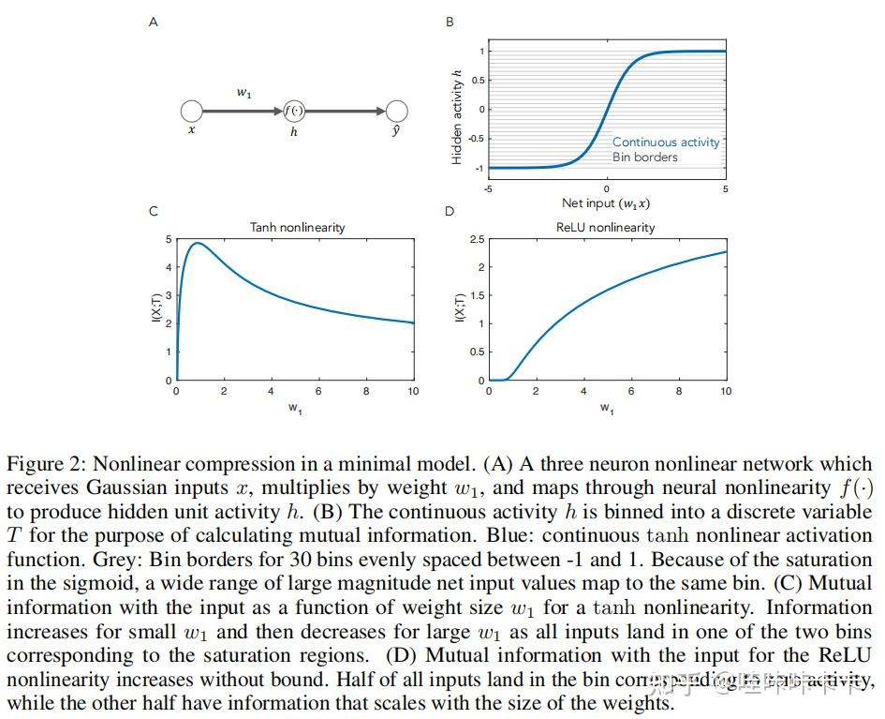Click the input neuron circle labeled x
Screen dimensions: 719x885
(192, 112)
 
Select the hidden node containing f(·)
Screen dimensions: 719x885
(294, 112)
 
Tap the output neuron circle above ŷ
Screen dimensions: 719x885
(396, 112)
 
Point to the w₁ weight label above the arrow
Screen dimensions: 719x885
(243, 93)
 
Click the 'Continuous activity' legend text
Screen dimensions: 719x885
(666, 142)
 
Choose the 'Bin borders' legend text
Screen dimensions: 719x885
(644, 157)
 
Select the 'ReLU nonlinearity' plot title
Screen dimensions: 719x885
(606, 227)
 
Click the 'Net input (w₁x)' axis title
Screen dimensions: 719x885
(606, 202)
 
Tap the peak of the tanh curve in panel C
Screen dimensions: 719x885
(198, 244)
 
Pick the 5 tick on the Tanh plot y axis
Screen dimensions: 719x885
(168, 240)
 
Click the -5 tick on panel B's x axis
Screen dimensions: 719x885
(488, 189)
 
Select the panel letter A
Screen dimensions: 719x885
(154, 22)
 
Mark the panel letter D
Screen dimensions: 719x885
(450, 211)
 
